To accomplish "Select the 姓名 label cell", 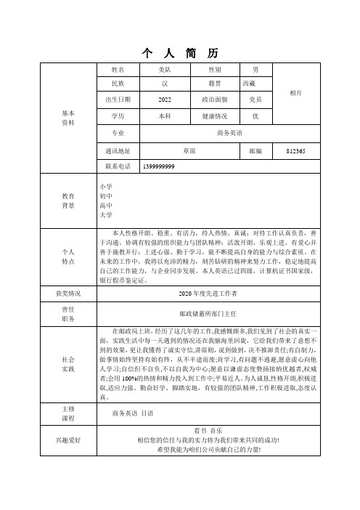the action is point(118,70).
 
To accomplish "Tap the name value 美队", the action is point(165,70).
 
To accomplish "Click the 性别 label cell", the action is point(215,70).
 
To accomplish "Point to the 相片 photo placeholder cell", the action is point(295,93).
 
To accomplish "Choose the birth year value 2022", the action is point(165,100).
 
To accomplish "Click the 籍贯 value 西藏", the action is point(249,84).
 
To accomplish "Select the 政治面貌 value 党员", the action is point(255,100).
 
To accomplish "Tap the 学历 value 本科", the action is point(165,116).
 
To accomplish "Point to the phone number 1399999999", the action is point(159,166).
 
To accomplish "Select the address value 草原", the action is point(190,150).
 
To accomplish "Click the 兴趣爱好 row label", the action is point(68,440).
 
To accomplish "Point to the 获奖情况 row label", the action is point(68,293).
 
